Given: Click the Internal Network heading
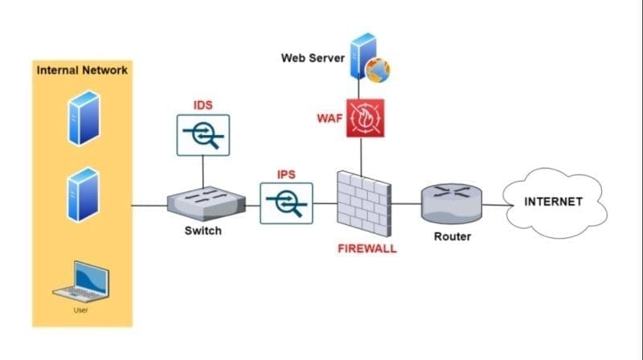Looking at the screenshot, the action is [82, 71].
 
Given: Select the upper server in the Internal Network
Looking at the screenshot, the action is [84, 118].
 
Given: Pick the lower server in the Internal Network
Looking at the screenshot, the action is [84, 194].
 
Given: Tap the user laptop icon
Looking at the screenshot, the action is [81, 281].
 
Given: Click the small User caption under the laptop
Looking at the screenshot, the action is [81, 310].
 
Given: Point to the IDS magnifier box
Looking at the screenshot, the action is [203, 135].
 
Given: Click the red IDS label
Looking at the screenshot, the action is [203, 105].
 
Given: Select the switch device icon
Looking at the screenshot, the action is [207, 203].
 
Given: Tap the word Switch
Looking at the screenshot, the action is [203, 231].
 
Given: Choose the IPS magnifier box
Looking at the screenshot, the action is [286, 203].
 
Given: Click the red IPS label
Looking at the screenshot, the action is [286, 174].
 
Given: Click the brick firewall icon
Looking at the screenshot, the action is [364, 204].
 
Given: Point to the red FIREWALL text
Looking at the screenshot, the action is [367, 249].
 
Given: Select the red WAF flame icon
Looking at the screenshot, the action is [366, 118].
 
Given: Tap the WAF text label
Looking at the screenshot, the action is [330, 118].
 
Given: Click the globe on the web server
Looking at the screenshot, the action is [378, 70].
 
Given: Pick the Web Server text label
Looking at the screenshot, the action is [313, 58].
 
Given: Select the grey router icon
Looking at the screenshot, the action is [452, 203].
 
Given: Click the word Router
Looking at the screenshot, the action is [453, 236].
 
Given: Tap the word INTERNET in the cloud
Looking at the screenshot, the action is [553, 202].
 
